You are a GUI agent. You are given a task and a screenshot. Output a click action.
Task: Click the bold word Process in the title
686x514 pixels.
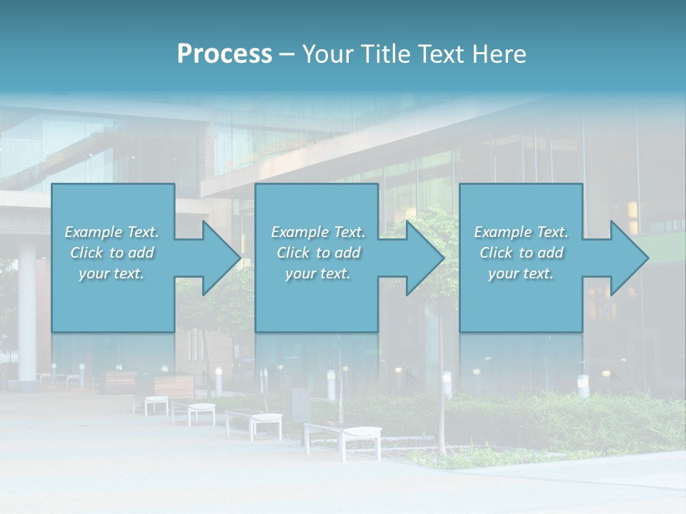[224, 54]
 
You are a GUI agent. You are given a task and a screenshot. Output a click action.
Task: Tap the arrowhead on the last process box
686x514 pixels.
[627, 258]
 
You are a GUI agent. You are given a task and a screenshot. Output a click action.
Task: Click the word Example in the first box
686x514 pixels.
[94, 232]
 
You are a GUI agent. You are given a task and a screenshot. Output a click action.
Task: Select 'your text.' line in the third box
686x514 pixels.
[520, 273]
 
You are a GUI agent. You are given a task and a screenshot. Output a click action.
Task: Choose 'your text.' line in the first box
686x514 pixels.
[111, 273]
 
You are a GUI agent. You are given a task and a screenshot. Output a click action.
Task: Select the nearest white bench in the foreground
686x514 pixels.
[342, 437]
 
